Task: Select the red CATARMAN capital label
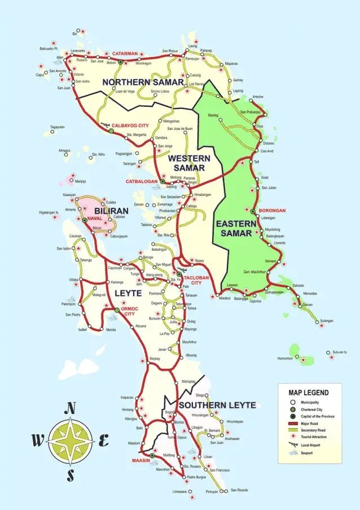coord(125,54)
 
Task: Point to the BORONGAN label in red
coord(273,210)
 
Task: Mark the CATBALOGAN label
coord(142,181)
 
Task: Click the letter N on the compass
coord(71,408)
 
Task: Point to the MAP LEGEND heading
coord(308,392)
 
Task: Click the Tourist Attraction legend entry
coord(319,437)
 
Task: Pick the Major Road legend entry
coord(313,423)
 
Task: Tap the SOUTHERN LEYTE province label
coord(217,405)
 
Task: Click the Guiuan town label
coord(307,304)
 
